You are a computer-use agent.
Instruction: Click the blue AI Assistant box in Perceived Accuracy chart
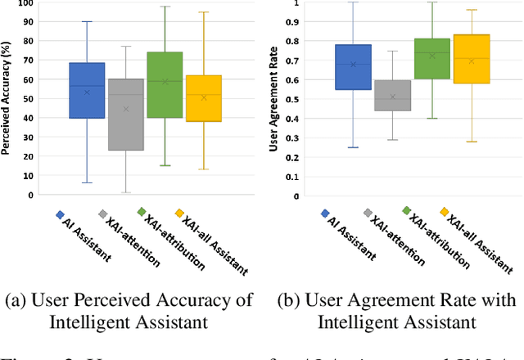[87, 90]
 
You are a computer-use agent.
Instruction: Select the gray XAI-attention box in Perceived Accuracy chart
[125, 115]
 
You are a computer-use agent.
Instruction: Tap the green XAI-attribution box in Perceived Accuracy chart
[165, 85]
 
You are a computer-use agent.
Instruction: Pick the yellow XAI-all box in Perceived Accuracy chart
[204, 98]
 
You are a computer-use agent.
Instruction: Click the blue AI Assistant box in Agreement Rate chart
[353, 67]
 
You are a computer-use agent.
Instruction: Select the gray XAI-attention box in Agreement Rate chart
[392, 95]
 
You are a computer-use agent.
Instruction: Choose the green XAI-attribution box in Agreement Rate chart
[431, 59]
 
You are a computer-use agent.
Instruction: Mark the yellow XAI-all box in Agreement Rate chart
[471, 59]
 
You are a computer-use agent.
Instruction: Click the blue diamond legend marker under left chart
[60, 214]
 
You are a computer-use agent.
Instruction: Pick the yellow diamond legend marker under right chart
[445, 213]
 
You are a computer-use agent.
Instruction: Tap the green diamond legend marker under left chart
[141, 211]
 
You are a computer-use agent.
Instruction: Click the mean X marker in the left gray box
[125, 109]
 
